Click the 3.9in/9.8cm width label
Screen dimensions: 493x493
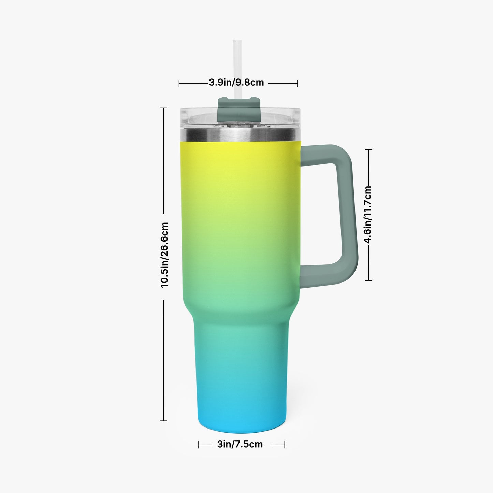(x=236, y=83)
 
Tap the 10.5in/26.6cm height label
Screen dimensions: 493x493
(x=164, y=255)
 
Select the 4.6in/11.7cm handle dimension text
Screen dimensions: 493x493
(x=368, y=214)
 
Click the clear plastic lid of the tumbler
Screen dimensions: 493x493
(x=240, y=118)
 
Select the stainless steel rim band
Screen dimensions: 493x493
(x=240, y=135)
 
